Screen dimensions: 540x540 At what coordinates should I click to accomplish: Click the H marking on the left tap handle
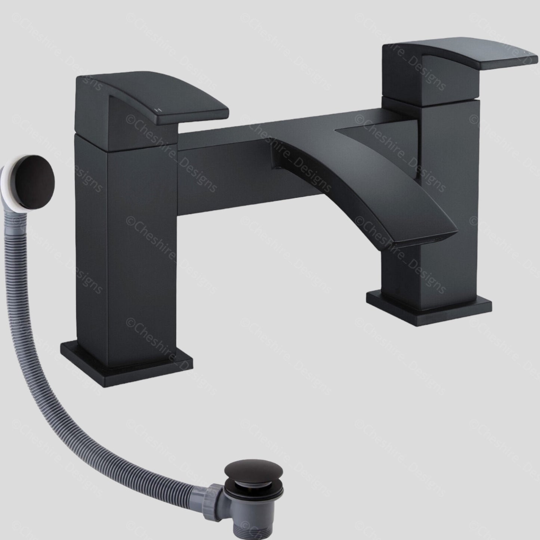click(160, 109)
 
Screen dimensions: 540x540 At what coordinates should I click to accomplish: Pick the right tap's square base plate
click(429, 308)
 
